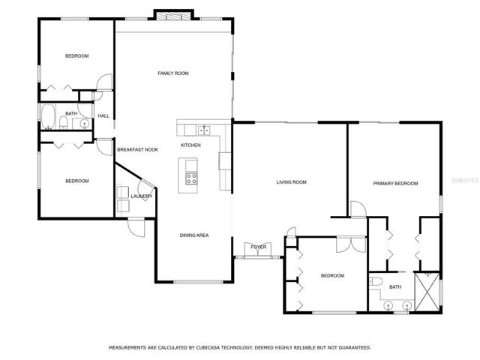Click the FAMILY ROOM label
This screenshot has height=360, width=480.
pyautogui.click(x=173, y=73)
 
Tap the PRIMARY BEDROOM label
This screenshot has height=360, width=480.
pyautogui.click(x=395, y=183)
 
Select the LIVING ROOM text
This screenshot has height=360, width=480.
pyautogui.click(x=292, y=182)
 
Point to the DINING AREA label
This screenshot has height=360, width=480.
pyautogui.click(x=194, y=235)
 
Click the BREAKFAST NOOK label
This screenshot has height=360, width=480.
pyautogui.click(x=138, y=150)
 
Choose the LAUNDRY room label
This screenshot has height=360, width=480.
pyautogui.click(x=142, y=196)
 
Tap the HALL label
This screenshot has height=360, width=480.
pyautogui.click(x=103, y=115)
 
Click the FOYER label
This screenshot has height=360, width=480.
pyautogui.click(x=259, y=247)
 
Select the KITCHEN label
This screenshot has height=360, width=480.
pyautogui.click(x=190, y=145)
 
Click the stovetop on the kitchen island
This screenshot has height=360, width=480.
pyautogui.click(x=191, y=178)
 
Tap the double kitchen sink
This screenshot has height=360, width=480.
pyautogui.click(x=204, y=130)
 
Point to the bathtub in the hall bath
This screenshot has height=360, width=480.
pyautogui.click(x=48, y=117)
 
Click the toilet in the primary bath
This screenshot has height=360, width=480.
pyautogui.click(x=375, y=281)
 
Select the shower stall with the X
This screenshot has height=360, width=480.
pyautogui.click(x=427, y=292)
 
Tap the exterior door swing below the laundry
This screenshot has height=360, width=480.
pyautogui.click(x=136, y=226)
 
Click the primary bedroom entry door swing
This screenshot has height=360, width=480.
pyautogui.click(x=358, y=209)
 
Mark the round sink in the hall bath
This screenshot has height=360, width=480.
pyautogui.click(x=84, y=124)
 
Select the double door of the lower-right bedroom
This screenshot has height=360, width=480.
pyautogui.click(x=352, y=244)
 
